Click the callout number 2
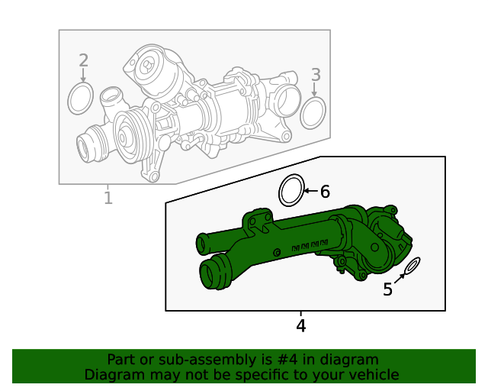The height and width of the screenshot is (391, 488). [x=84, y=60]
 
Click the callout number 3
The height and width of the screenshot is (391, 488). [x=316, y=74]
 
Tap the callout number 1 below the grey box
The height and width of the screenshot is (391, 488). [x=108, y=199]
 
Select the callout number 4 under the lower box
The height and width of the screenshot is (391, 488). [x=300, y=326]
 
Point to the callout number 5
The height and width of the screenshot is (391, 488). [x=387, y=289]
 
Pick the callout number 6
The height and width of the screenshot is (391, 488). [x=325, y=192]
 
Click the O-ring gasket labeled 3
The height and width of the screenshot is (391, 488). [x=313, y=113]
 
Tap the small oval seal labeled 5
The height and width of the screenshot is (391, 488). [x=412, y=267]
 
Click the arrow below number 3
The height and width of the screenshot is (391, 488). [x=314, y=89]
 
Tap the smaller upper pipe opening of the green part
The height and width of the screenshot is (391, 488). [x=203, y=244]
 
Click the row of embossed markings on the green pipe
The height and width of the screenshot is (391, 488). [x=310, y=246]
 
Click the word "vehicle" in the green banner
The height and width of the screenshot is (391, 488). [x=373, y=374]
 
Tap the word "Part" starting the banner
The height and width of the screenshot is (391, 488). [x=121, y=359]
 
